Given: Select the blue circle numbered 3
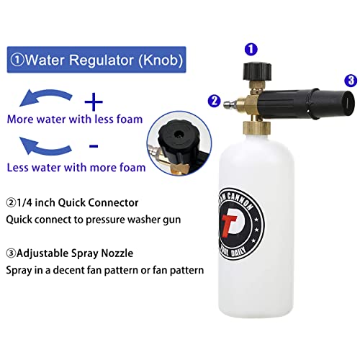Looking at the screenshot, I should click(350, 79).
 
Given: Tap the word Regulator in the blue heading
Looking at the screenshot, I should click(105, 58).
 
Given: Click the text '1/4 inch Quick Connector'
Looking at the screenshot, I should click(78, 202).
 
